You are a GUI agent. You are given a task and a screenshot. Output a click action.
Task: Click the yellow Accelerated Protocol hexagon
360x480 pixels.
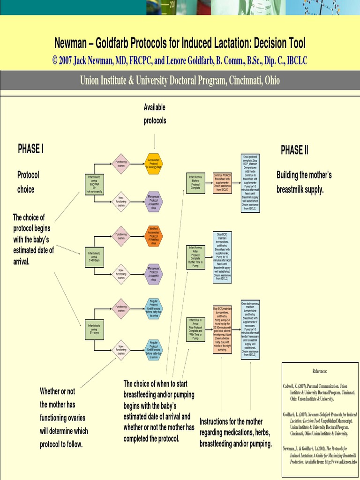coord(155,164)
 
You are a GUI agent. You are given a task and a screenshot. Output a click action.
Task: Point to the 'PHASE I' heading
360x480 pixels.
coord(31,149)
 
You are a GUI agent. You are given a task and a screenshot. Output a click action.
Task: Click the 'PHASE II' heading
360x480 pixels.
coord(294,150)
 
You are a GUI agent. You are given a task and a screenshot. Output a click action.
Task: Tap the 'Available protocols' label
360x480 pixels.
coord(155,114)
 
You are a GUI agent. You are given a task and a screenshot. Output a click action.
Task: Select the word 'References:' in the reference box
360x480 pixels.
coord(320,371)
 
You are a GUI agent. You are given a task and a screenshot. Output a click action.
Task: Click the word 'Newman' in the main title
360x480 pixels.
coord(71,44)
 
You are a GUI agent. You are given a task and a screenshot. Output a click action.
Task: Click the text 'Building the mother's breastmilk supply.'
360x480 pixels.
coord(304,183)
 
